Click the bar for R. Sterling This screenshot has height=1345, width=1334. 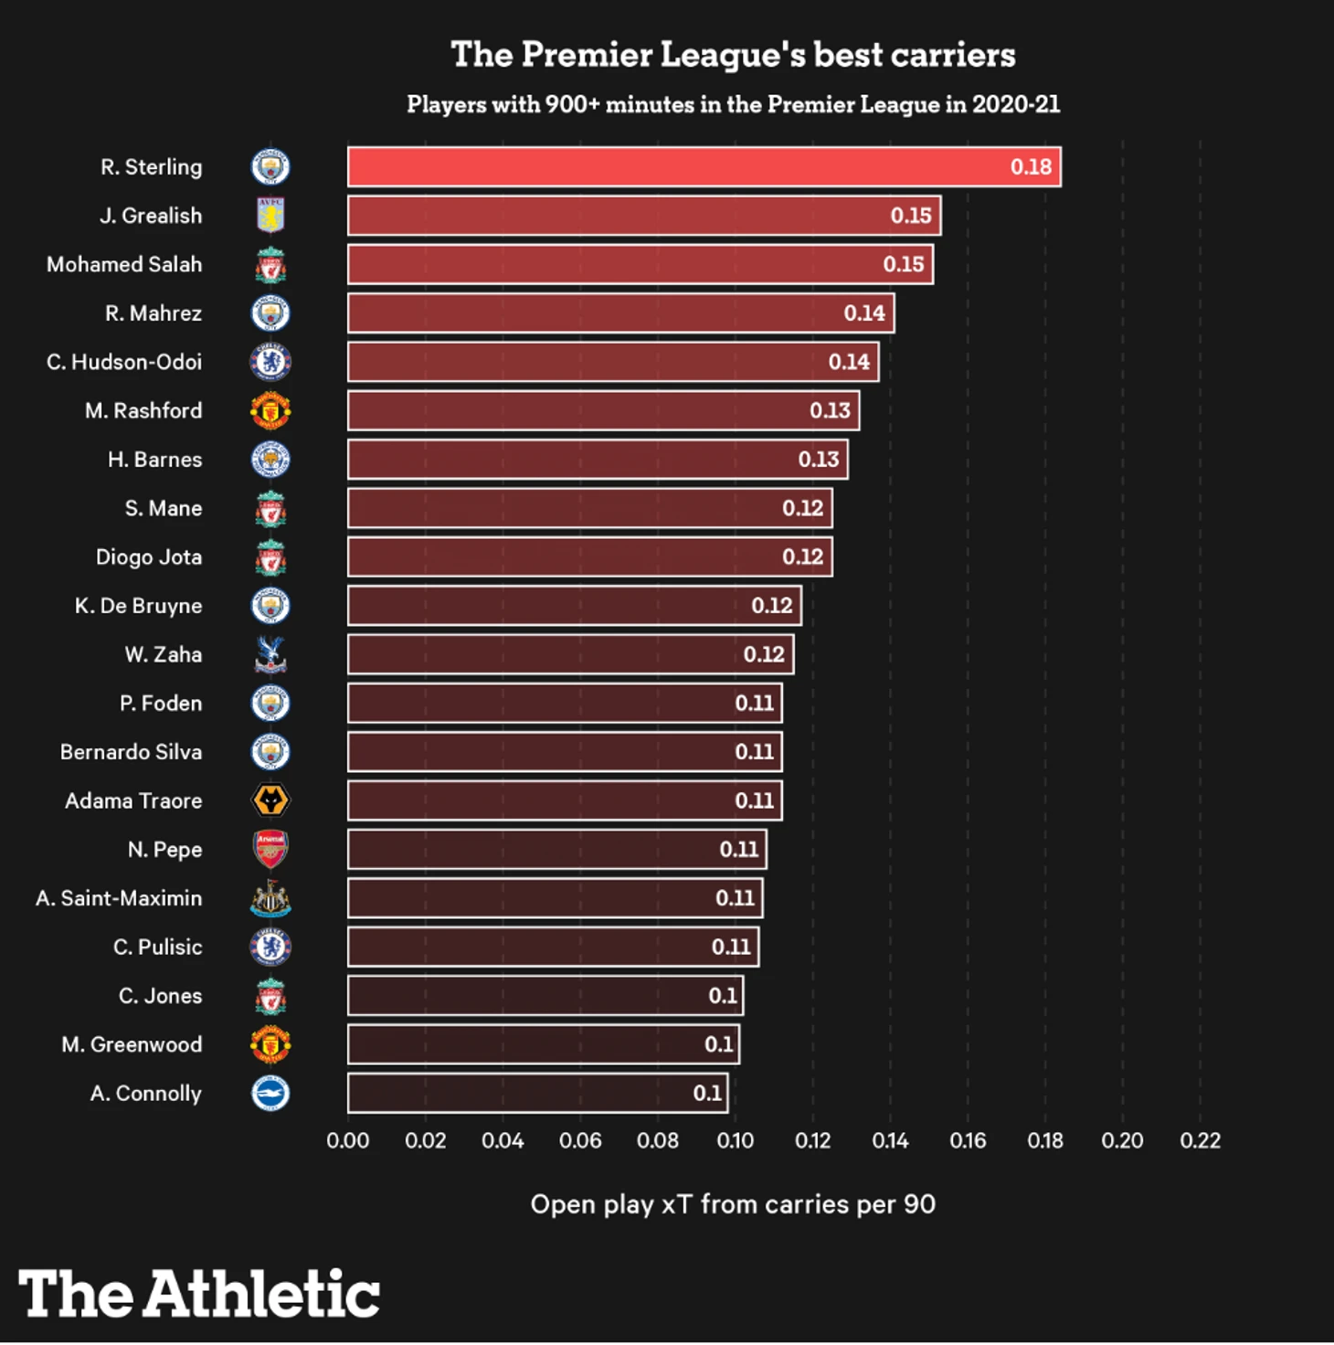704,166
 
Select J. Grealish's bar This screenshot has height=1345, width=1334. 644,216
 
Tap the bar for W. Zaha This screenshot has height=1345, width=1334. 570,654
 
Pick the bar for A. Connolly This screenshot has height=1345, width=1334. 537,1093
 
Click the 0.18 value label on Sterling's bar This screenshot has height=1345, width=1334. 1031,167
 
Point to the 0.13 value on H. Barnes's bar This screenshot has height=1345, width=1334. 818,460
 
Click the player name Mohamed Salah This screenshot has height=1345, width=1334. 124,265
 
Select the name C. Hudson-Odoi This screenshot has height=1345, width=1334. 124,362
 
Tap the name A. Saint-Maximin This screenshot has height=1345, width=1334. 119,898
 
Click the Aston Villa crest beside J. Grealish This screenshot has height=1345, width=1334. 270,216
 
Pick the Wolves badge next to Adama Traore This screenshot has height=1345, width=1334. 270,800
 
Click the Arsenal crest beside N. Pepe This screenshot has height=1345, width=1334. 270,849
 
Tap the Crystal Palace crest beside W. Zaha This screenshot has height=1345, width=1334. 270,654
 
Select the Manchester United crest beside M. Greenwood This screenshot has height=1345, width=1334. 270,1044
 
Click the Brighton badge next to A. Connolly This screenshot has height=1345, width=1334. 270,1093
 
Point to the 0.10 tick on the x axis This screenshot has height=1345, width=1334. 735,1140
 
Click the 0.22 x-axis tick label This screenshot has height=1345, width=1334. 1200,1140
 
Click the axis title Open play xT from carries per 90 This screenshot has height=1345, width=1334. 733,1204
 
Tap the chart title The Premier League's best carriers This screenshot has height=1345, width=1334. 733,55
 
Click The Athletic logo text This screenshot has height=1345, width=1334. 199,1293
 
